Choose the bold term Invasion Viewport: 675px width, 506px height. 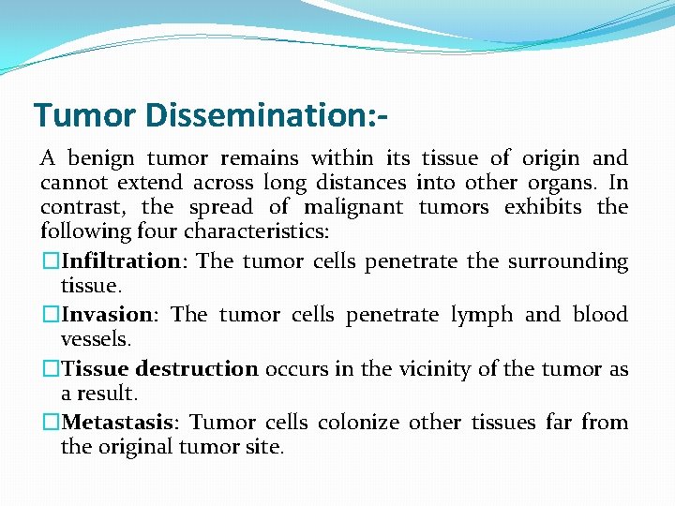coord(106,315)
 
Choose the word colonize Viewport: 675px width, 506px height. coord(360,423)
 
